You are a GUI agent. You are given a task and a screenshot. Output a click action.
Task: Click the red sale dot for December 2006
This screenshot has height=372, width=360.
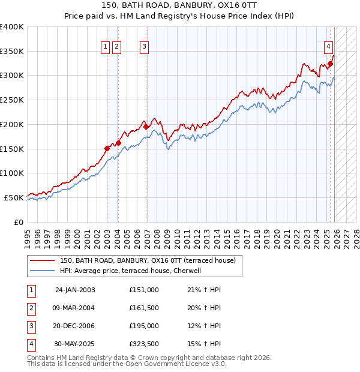point(146,127)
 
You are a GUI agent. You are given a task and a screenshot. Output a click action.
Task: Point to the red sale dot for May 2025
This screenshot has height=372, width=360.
point(331,64)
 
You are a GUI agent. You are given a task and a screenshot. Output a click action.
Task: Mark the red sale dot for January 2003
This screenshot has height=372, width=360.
point(107,148)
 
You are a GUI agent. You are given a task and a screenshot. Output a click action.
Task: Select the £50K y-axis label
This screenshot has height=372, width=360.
point(14,197)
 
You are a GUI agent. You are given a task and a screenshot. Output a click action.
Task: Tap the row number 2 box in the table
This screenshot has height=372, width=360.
point(31,308)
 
